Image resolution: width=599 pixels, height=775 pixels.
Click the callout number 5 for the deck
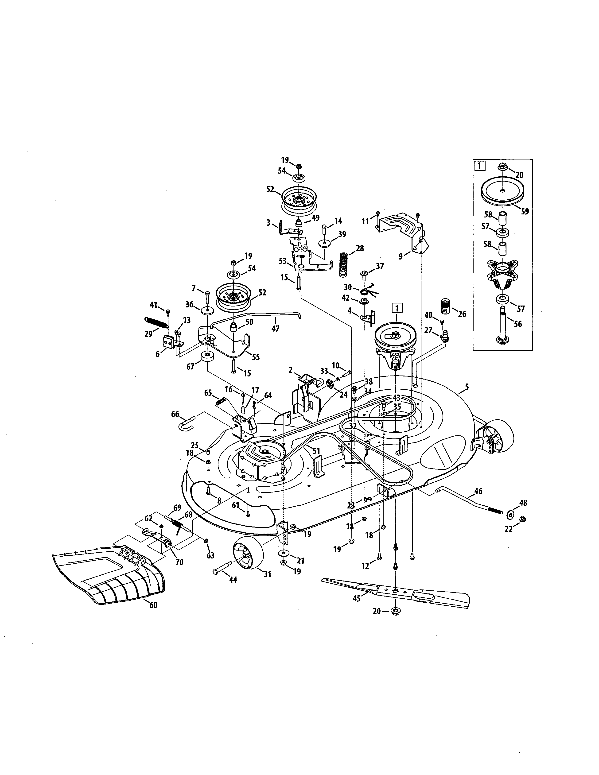pos(467,387)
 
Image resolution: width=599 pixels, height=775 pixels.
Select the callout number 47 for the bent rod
pos(275,329)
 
